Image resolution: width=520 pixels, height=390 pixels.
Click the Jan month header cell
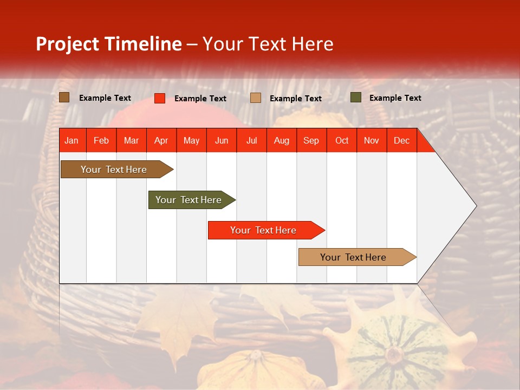[x=72, y=140]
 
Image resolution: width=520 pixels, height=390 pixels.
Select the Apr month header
[x=161, y=140]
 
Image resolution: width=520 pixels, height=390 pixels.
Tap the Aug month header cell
[x=282, y=140]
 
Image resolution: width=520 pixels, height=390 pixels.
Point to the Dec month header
[x=401, y=140]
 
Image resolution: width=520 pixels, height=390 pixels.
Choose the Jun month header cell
[x=222, y=140]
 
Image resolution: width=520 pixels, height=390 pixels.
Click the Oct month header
[x=342, y=140]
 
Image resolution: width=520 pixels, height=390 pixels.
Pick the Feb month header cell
[x=101, y=140]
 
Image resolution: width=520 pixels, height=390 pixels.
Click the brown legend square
[x=64, y=97]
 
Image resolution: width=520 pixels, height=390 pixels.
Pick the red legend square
[x=160, y=98]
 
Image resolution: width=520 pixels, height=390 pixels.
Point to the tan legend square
[x=256, y=98]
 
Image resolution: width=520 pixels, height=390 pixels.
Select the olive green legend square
[x=355, y=97]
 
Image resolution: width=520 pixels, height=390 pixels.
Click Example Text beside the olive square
[x=395, y=98]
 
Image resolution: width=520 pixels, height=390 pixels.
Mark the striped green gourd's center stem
[x=393, y=355]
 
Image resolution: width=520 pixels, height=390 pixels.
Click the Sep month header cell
[x=311, y=140]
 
